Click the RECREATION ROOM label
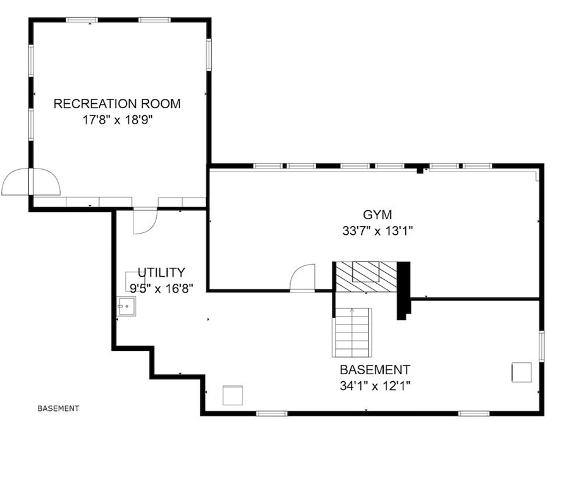117,104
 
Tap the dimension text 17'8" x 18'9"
117,120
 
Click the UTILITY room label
162,273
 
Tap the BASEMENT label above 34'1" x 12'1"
375,370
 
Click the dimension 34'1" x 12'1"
375,385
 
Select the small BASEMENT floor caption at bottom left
58,408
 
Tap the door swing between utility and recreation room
145,222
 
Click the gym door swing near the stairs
302,278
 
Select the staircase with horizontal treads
352,332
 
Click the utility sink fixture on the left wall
123,306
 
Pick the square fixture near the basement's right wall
522,372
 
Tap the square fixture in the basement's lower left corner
233,395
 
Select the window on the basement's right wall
541,346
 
